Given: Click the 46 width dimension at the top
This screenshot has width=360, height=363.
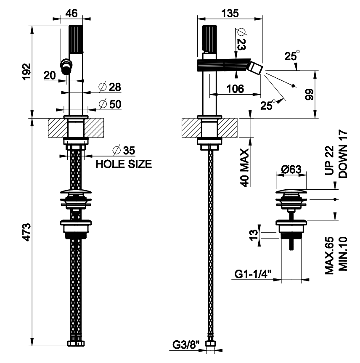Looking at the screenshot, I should pos(72,13).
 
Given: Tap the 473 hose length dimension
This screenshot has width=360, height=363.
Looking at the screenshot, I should pos(26,231).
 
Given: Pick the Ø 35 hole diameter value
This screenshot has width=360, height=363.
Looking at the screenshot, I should pos(123,150).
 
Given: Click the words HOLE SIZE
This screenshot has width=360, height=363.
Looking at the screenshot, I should pos(124,164).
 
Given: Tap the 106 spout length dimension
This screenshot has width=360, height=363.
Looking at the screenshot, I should pos(235,89).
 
